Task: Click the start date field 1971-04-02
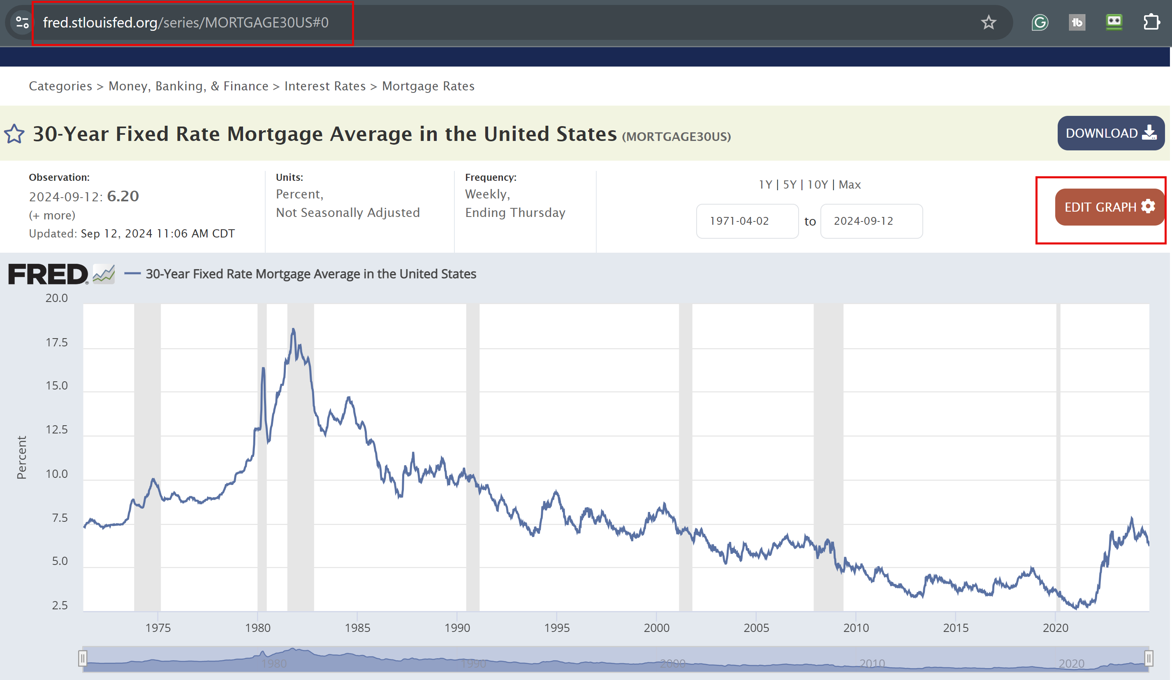click(746, 221)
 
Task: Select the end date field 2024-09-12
click(871, 221)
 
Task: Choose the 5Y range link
click(789, 184)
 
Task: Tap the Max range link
click(849, 184)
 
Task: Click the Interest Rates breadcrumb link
click(324, 86)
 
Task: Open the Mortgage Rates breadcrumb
click(428, 86)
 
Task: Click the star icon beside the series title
click(14, 134)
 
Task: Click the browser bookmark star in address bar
click(988, 22)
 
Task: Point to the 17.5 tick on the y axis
click(57, 343)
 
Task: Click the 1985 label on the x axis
click(357, 627)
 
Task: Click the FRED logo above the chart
click(48, 274)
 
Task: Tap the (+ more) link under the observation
click(52, 215)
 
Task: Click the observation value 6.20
click(123, 196)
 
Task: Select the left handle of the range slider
click(82, 658)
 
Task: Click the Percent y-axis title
click(21, 457)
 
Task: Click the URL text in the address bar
click(185, 22)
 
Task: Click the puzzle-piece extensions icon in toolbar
click(1151, 22)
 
